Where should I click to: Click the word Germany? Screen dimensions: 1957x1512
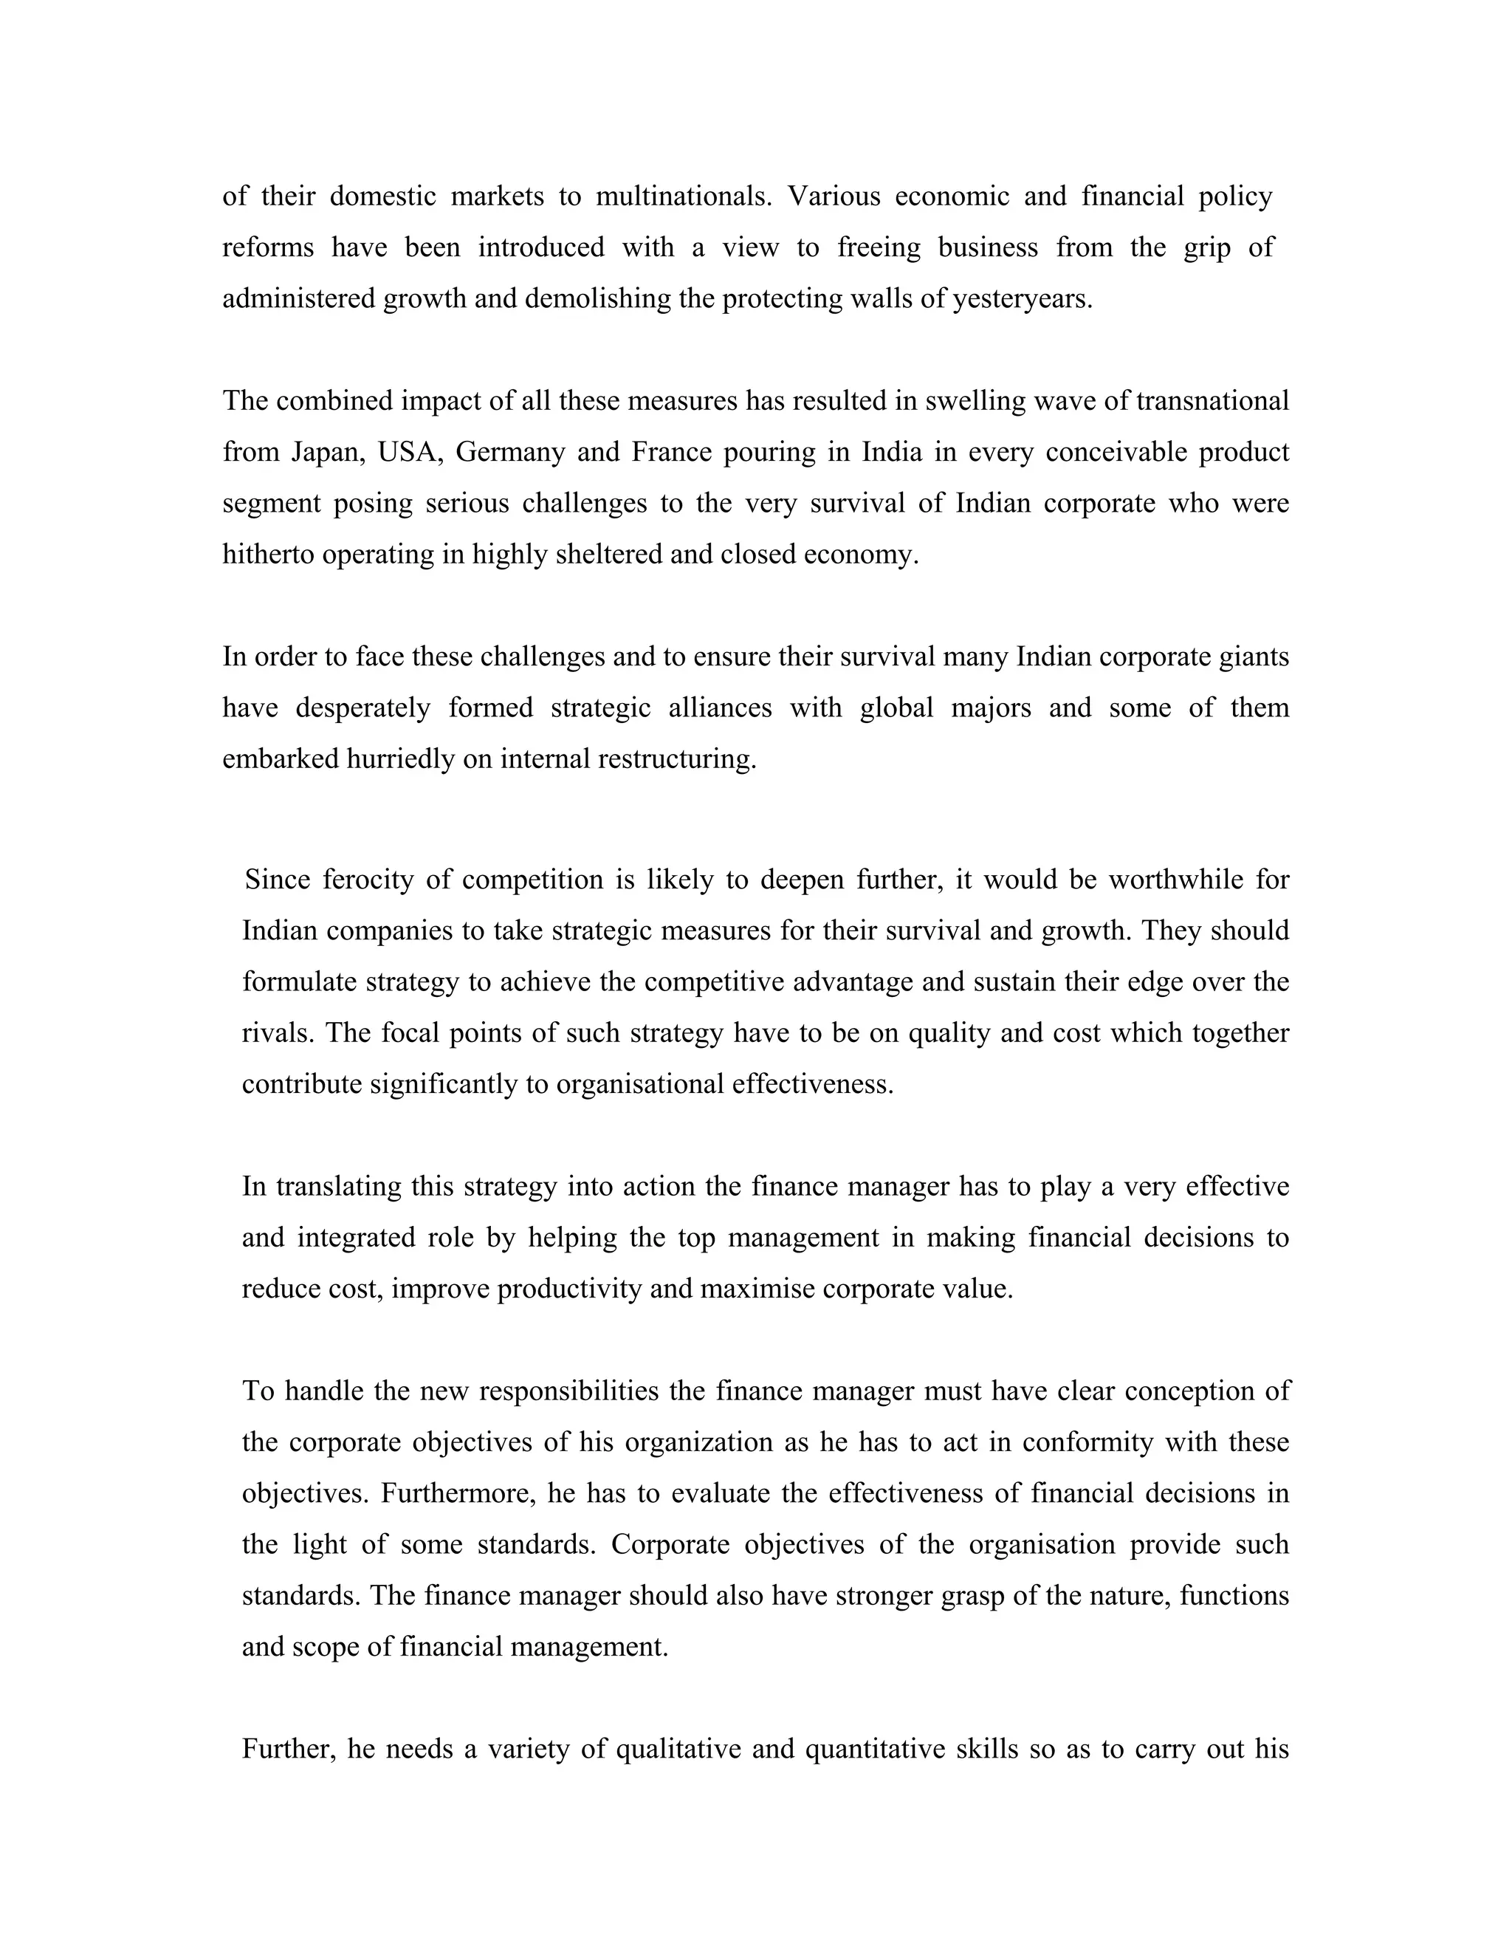pos(509,452)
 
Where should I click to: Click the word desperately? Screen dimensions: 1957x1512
pos(362,708)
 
